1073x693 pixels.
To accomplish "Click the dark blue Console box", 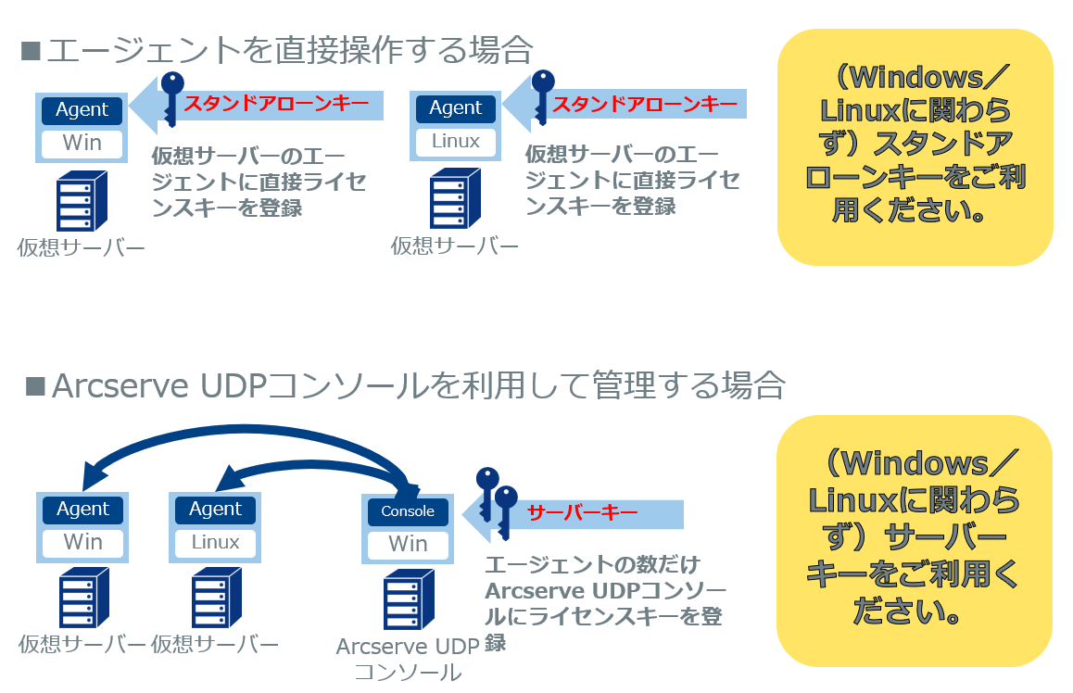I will point(408,511).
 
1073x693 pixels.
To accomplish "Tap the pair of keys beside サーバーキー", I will point(496,500).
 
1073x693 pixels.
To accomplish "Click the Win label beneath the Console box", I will point(408,544).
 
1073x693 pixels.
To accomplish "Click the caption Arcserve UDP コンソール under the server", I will point(408,659).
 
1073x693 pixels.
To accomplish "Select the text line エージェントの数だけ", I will point(592,565).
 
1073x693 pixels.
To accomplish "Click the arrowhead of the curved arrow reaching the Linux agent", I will point(225,479).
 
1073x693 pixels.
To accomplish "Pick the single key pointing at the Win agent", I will point(171,98).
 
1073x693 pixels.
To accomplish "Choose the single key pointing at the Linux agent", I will point(542,96).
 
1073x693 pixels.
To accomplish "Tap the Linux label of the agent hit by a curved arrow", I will point(215,543).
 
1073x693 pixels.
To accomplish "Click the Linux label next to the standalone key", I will point(456,142).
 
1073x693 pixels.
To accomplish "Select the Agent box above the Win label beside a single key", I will point(82,109).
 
